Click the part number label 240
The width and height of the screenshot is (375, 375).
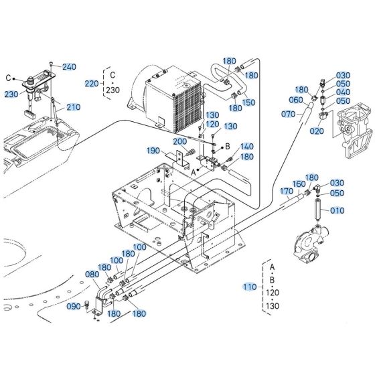click(x=70, y=67)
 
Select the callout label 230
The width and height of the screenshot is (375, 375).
click(x=11, y=94)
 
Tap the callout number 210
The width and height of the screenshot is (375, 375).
click(x=73, y=107)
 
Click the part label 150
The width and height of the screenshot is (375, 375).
click(x=249, y=102)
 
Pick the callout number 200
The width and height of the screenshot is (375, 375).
click(x=161, y=141)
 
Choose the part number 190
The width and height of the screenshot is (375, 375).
click(x=134, y=151)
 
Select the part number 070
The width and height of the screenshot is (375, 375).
click(x=289, y=114)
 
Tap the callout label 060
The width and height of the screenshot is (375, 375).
click(x=296, y=101)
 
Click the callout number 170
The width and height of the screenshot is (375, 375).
click(x=287, y=191)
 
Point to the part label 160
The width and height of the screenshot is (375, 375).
click(x=299, y=184)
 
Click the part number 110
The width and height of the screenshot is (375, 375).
click(x=249, y=287)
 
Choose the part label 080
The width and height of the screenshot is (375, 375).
click(x=91, y=273)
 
